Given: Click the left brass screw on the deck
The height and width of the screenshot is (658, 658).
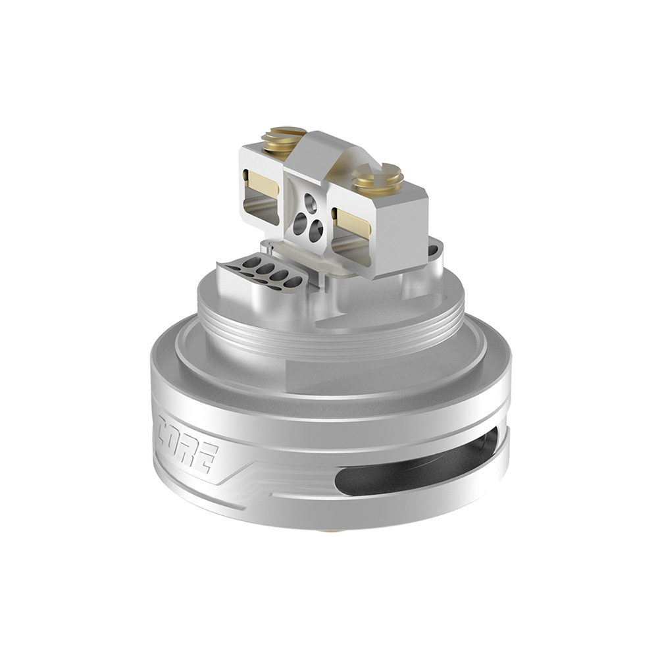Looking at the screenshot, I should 282,137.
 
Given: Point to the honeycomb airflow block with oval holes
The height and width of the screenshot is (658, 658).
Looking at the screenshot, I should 261,273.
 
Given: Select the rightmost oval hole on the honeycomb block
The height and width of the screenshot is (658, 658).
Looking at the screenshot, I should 293,282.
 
